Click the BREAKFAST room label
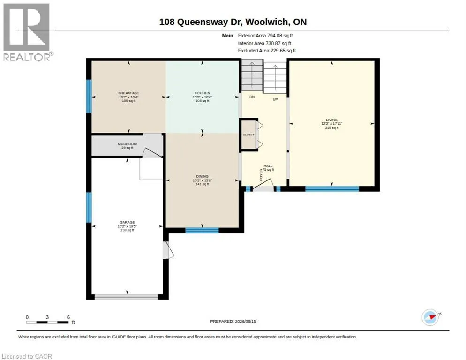click(x=128, y=93)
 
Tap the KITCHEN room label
click(x=202, y=93)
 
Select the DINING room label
click(x=202, y=176)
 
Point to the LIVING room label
click(x=331, y=120)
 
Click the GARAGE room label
click(x=127, y=222)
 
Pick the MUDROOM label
click(x=127, y=144)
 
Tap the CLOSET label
click(x=248, y=135)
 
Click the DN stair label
click(x=252, y=97)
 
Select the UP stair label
click(x=275, y=99)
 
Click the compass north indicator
click(x=430, y=317)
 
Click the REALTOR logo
click(x=27, y=32)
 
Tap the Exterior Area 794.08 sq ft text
click(x=265, y=36)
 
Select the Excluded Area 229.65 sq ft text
click(x=267, y=51)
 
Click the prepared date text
click(x=233, y=321)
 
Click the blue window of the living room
click(x=332, y=189)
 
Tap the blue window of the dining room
click(x=202, y=230)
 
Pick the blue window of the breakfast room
click(x=89, y=96)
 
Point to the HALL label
click(x=268, y=166)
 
